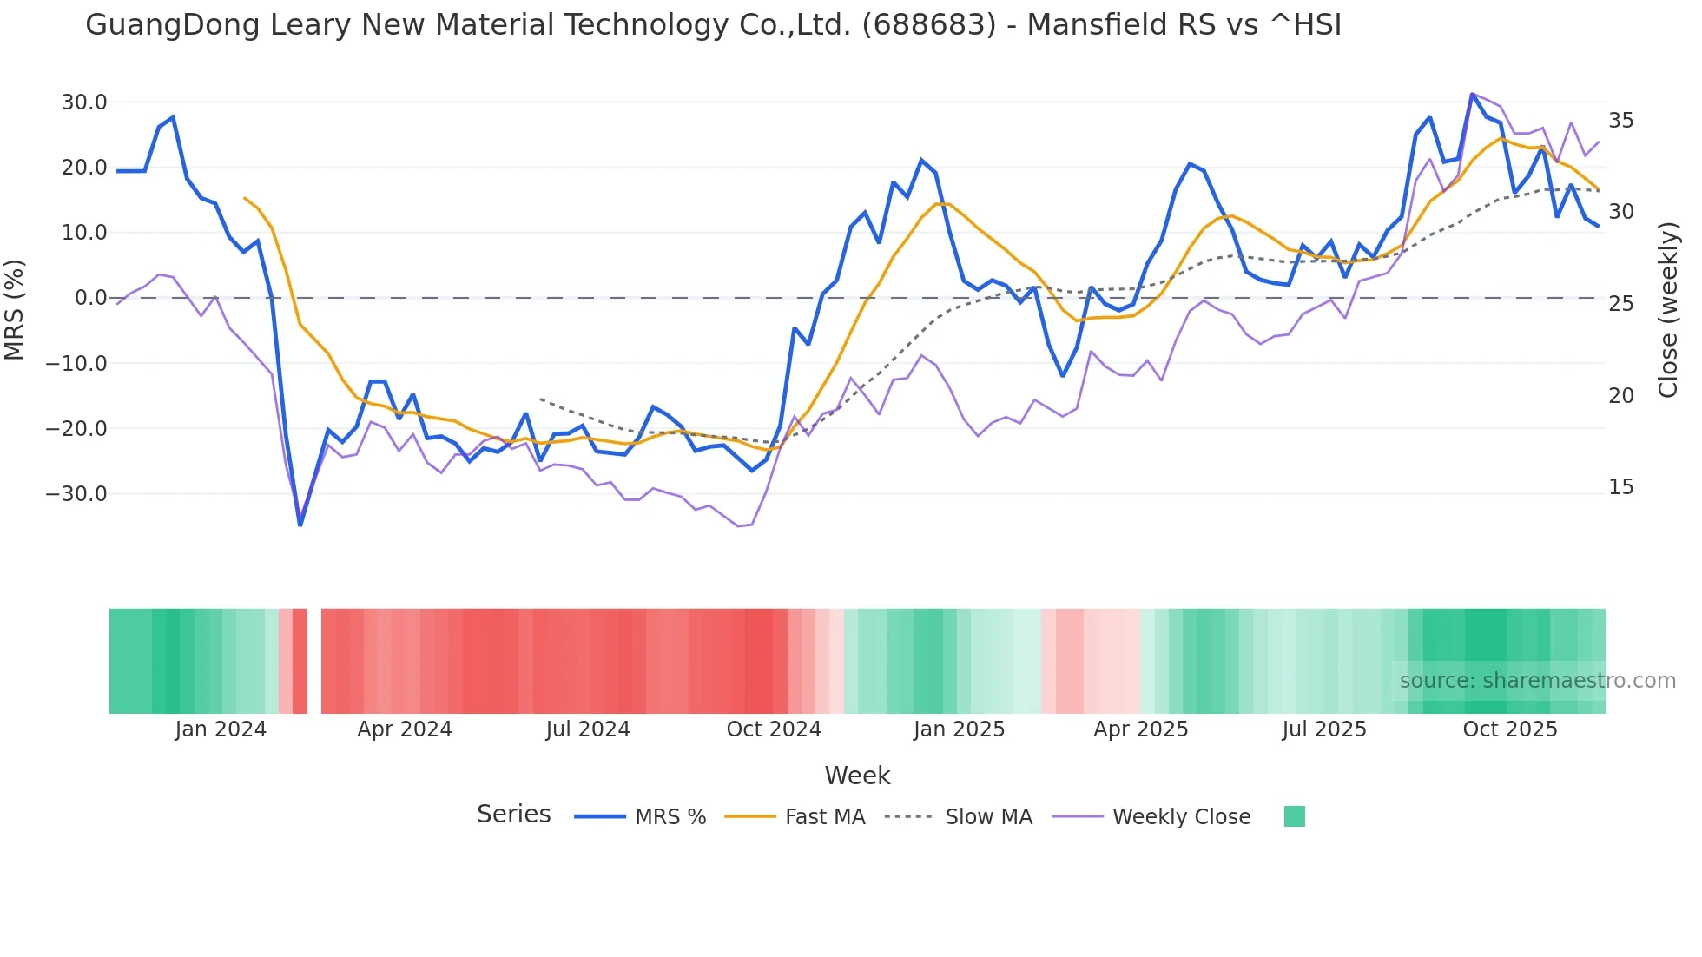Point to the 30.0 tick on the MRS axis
pos(84,102)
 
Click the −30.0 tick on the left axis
pos(76,494)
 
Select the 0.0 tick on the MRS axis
pos(90,298)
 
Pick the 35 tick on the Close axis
pos(1620,121)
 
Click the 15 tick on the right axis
pos(1620,487)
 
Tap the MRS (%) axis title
pos(15,310)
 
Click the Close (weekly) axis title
pos(1667,310)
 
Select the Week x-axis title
pos(857,775)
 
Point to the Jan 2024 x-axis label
pos(221,729)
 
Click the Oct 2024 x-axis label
pos(774,729)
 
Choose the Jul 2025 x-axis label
pos(1323,729)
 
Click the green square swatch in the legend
pos(1294,816)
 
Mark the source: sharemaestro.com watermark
pos(1537,681)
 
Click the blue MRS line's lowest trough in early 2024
pos(300,525)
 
